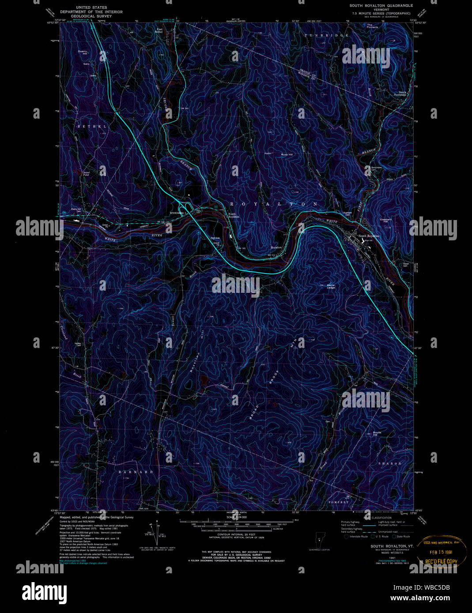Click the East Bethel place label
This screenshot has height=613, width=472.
160,31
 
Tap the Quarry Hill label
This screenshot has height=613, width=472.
83,52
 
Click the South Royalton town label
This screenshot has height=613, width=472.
369,236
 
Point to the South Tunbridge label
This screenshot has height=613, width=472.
400,93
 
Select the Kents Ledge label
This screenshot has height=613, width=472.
331,286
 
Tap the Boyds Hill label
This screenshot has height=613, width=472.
377,434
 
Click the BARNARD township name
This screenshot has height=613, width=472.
136,472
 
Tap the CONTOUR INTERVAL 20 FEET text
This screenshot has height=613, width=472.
237,534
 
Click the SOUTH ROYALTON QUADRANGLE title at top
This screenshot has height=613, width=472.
381,6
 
